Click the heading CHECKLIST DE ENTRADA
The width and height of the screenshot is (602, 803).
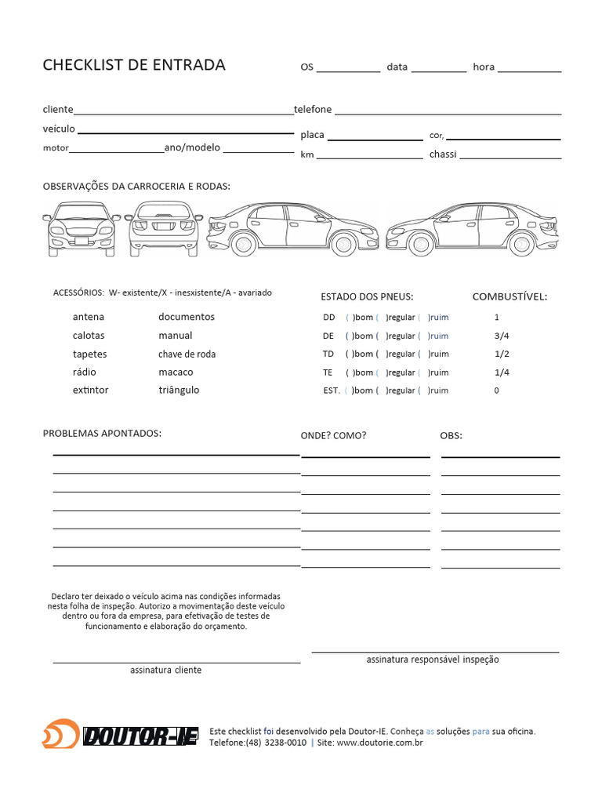pyautogui.click(x=134, y=65)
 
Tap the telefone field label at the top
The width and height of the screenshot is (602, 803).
pyautogui.click(x=313, y=110)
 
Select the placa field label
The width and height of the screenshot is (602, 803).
pyautogui.click(x=312, y=135)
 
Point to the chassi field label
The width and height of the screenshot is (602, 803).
pyautogui.click(x=443, y=154)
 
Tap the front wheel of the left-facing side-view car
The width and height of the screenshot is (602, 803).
pyautogui.click(x=242, y=244)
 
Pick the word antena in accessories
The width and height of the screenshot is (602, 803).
pyautogui.click(x=89, y=318)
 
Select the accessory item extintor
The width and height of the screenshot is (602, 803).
pyautogui.click(x=91, y=391)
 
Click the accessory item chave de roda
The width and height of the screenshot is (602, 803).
pyautogui.click(x=187, y=354)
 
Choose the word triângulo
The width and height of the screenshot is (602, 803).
pyautogui.click(x=179, y=391)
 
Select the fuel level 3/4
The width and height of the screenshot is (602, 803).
pyautogui.click(x=502, y=336)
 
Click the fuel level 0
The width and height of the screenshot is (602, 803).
pyautogui.click(x=496, y=391)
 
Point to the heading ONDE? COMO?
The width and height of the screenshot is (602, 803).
pyautogui.click(x=333, y=436)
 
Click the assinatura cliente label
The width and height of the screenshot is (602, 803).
pyautogui.click(x=165, y=670)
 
